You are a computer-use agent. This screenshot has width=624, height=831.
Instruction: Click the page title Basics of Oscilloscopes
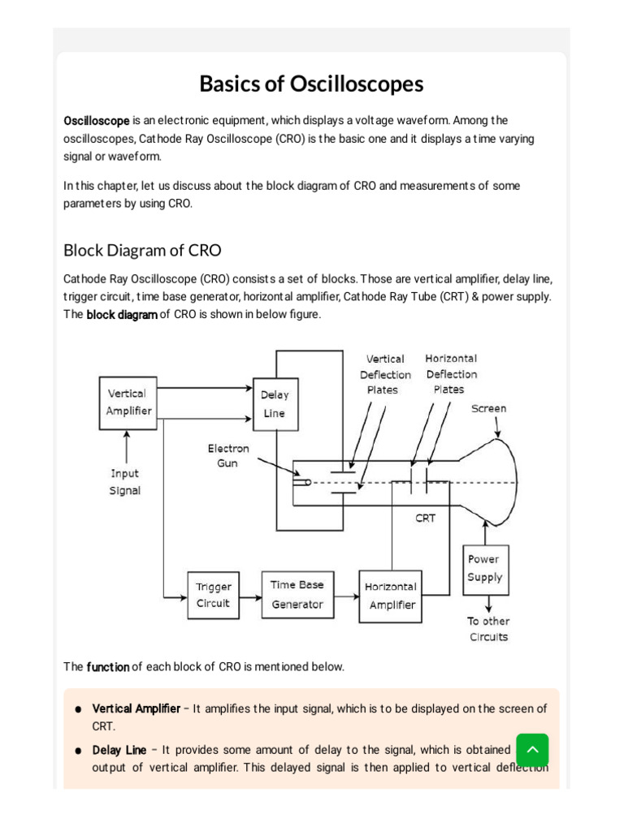(312, 84)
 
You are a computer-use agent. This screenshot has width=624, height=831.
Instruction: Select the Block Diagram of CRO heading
(142, 250)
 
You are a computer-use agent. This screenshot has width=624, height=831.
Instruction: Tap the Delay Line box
(275, 404)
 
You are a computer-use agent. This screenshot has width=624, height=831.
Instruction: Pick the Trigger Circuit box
(213, 595)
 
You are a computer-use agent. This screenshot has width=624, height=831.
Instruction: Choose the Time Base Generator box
(297, 595)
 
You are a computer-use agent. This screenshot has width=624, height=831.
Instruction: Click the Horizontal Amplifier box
(392, 596)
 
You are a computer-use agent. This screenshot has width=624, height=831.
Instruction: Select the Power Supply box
(484, 568)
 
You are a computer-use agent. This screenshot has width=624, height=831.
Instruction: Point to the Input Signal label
(125, 481)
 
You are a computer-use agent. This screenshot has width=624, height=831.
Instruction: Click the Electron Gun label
(228, 455)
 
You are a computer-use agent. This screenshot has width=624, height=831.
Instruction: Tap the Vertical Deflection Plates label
(385, 374)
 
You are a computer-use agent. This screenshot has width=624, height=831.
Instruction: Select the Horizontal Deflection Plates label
(451, 373)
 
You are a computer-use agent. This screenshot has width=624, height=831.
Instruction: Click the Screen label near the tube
(488, 409)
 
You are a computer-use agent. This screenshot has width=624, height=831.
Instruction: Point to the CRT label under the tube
(426, 518)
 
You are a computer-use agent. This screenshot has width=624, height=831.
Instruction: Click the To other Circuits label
(488, 629)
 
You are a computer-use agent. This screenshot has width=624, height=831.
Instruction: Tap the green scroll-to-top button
(532, 750)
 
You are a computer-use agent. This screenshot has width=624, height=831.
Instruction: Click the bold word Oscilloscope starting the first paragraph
(97, 121)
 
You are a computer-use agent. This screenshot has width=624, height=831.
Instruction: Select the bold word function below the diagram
(108, 667)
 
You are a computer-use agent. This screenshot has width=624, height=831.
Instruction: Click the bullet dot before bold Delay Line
(78, 751)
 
